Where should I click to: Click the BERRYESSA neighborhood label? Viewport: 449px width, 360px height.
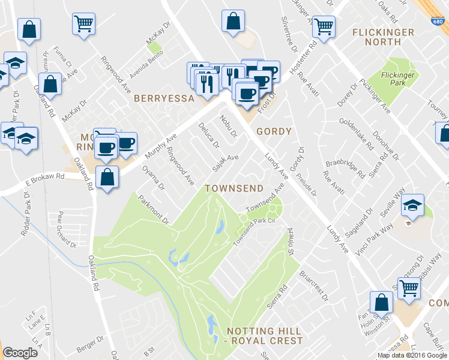click(164, 98)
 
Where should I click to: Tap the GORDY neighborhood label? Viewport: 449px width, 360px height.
click(274, 131)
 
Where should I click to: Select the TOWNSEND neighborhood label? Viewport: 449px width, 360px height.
click(234, 188)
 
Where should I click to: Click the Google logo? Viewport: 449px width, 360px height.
click(20, 353)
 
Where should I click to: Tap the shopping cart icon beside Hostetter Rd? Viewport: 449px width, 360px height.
click(324, 26)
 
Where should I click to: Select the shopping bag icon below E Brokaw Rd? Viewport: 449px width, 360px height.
click(107, 178)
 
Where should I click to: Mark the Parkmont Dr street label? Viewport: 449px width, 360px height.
click(153, 210)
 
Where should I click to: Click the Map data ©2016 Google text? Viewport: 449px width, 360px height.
click(412, 355)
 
